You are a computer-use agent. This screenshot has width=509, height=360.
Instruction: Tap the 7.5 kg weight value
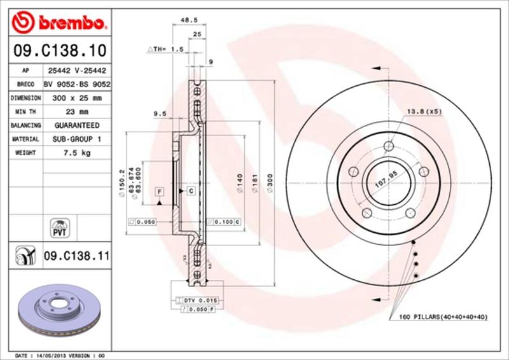point(76,153)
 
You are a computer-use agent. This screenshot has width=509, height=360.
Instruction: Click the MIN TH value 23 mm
point(76,112)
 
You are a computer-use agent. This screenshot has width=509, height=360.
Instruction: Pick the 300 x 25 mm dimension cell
point(76,98)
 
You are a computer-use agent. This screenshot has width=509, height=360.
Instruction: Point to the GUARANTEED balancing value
point(76,125)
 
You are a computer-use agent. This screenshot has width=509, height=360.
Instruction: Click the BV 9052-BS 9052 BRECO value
point(77,85)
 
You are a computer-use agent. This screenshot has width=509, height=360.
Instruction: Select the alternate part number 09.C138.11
point(76,257)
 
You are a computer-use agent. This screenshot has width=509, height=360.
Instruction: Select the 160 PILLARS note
point(442,316)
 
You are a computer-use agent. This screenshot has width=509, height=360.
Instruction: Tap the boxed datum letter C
point(190,191)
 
